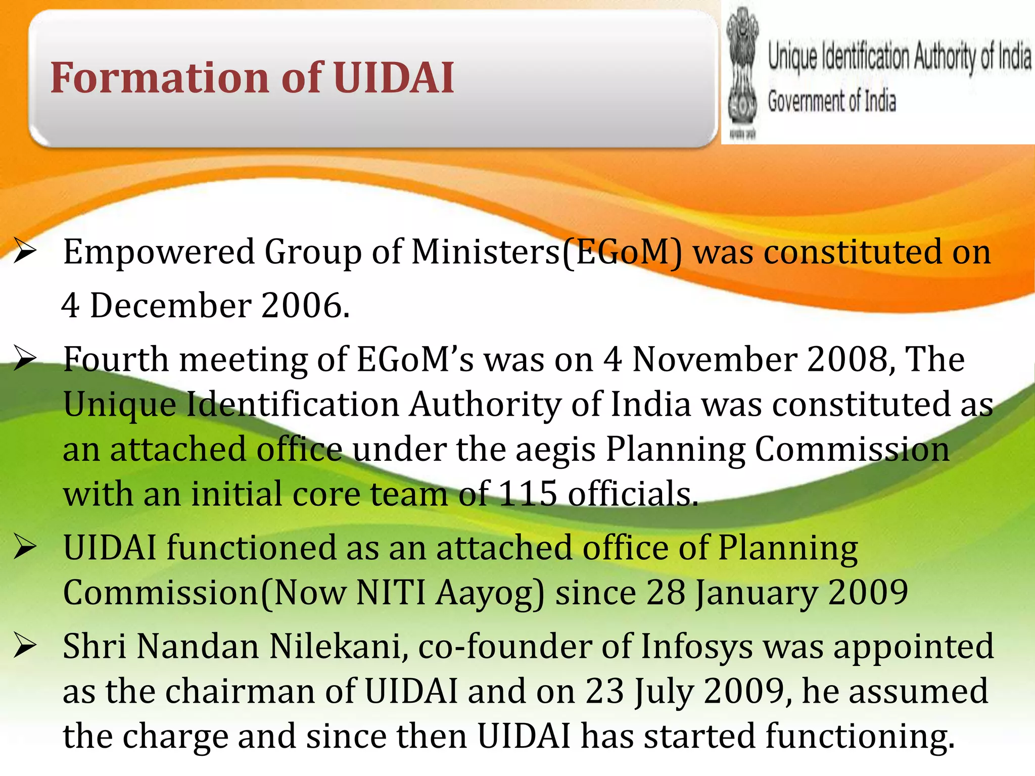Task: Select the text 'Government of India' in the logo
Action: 832,101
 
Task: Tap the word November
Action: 715,360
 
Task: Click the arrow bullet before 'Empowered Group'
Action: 25,252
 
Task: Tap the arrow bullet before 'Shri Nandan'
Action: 25,646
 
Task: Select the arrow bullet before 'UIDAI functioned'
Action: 25,548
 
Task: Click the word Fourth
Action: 116,360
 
